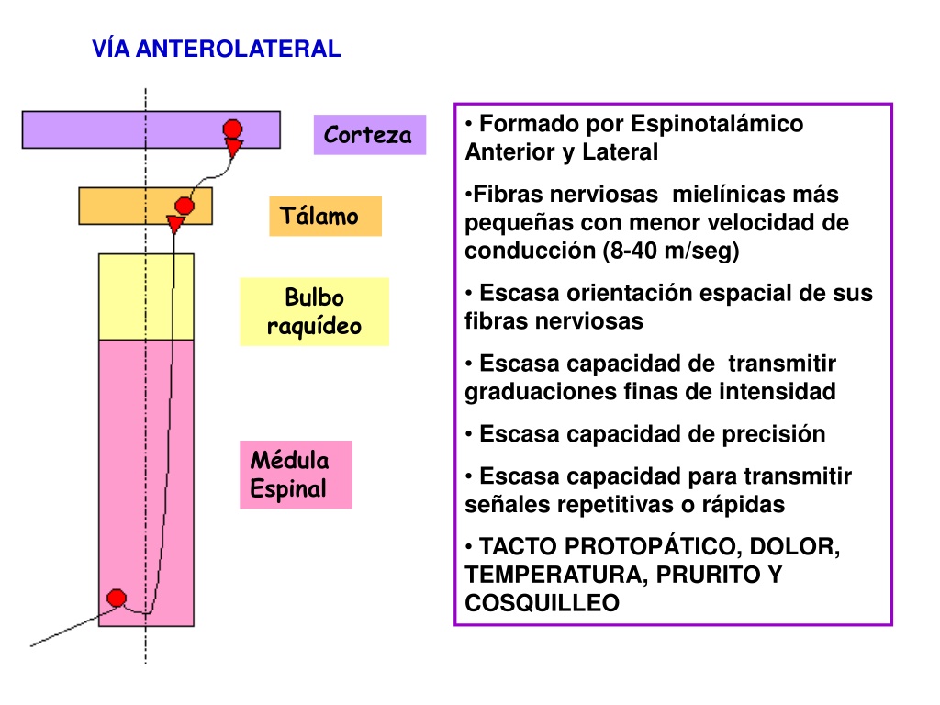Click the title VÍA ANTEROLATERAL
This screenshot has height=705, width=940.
point(217,49)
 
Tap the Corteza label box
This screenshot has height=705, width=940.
point(370,135)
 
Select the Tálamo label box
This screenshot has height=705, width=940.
point(325,216)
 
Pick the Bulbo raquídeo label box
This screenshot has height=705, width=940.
point(314,312)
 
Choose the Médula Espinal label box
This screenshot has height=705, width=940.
point(296,475)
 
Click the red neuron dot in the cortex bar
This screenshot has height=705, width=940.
point(232,129)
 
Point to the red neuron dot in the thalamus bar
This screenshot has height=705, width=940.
point(185,207)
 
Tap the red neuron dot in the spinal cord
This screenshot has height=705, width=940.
point(117,598)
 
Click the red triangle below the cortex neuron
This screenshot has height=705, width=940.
point(233,147)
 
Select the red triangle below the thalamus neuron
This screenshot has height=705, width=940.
point(175,224)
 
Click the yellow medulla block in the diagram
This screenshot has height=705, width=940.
point(146,297)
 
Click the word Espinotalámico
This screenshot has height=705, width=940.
point(717,124)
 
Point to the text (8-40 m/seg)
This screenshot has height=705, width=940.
point(671,251)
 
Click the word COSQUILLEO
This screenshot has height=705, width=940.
point(542,603)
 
